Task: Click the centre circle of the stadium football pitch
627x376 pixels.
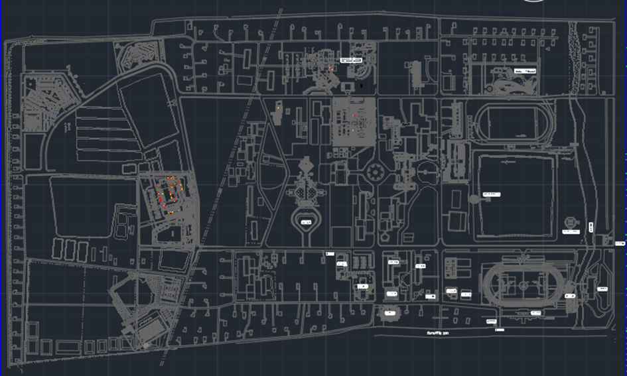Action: pyautogui.click(x=523, y=286)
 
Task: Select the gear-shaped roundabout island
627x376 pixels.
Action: pyautogui.click(x=375, y=173)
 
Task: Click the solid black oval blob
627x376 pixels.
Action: pyautogui.click(x=360, y=85)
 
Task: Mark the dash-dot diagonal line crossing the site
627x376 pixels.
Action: pyautogui.click(x=219, y=186)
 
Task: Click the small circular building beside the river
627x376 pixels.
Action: pyautogui.click(x=569, y=221)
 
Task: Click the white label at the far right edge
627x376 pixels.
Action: pyautogui.click(x=620, y=243)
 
